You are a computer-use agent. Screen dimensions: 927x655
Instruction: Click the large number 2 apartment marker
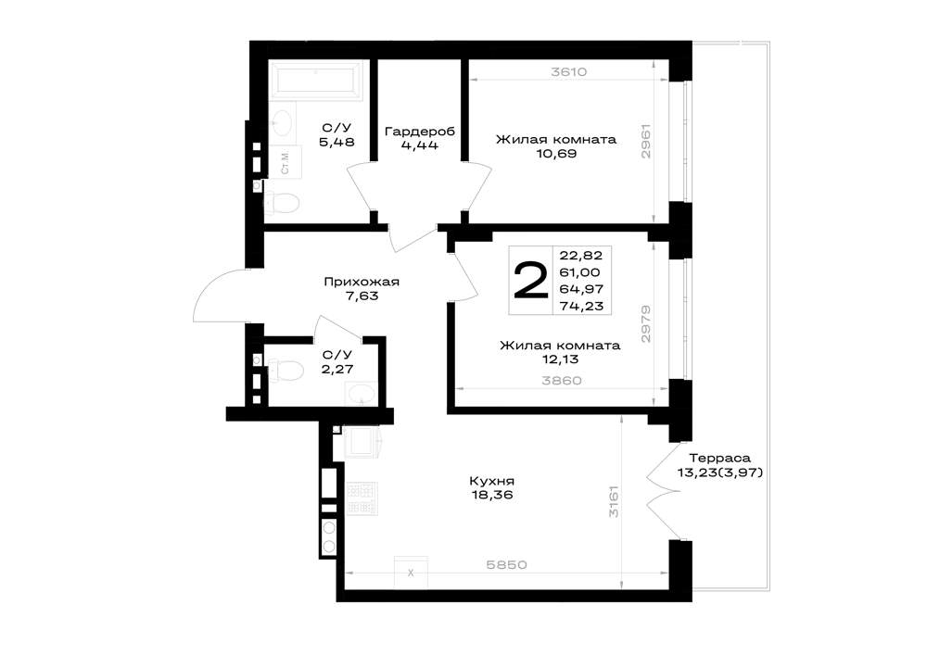click(x=531, y=281)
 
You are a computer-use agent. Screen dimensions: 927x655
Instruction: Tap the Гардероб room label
click(x=420, y=132)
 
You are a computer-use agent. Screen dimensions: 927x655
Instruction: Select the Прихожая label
click(x=362, y=282)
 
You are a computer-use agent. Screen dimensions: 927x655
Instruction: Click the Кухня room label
click(x=492, y=482)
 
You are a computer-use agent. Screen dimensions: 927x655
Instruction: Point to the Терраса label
click(x=720, y=459)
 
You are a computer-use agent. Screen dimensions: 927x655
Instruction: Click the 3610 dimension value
click(x=568, y=72)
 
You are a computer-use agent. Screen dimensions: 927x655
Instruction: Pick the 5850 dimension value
click(x=506, y=564)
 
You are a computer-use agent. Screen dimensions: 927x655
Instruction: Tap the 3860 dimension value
click(x=562, y=381)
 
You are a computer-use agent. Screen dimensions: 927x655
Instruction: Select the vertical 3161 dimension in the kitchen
click(x=615, y=501)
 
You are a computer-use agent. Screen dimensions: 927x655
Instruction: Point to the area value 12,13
click(x=560, y=359)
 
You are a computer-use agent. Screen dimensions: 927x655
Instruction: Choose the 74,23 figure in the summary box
click(x=581, y=306)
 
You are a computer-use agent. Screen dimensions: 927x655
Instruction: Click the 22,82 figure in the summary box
click(x=581, y=255)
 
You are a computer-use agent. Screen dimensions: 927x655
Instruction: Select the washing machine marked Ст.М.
click(x=285, y=162)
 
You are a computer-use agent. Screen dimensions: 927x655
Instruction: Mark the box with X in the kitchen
click(x=411, y=572)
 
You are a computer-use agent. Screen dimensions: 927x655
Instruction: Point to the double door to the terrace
click(x=664, y=490)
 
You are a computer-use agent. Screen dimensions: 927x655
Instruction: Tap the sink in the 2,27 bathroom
click(x=360, y=394)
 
